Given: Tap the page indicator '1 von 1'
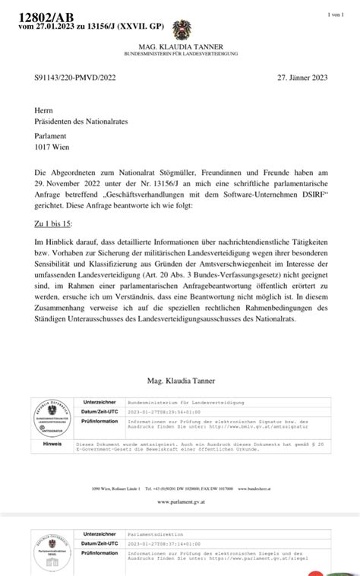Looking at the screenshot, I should tap(336, 14).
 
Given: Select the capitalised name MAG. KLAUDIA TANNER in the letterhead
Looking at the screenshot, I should tap(182, 48).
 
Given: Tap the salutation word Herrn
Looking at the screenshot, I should tap(44, 110).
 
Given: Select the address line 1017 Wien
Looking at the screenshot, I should tap(52, 149).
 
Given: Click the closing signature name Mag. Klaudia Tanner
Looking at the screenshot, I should tap(181, 379).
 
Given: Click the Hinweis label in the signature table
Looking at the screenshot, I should tap(52, 444).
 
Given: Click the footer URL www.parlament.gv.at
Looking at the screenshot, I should tap(181, 502).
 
